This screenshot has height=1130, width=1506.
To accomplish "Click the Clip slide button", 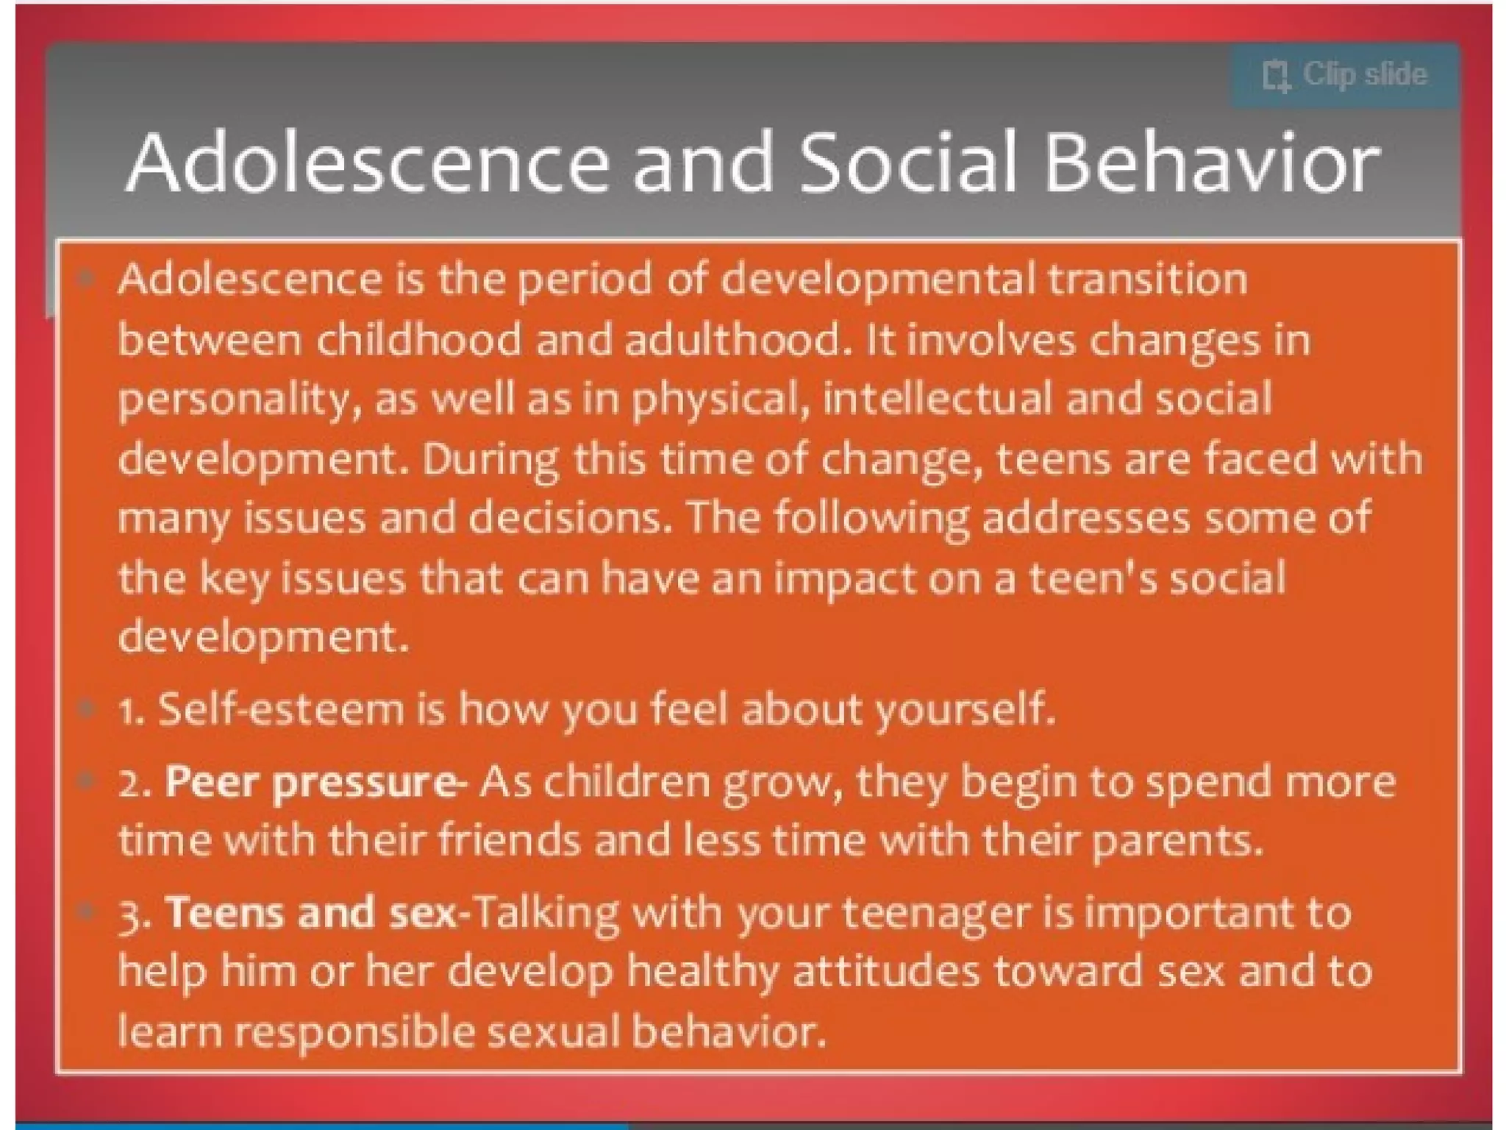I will click(x=1344, y=76).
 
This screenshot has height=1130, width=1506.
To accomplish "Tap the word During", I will click(x=490, y=460).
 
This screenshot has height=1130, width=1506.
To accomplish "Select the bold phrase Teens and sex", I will click(x=310, y=913).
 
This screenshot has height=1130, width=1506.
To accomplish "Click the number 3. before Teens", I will click(x=135, y=916).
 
